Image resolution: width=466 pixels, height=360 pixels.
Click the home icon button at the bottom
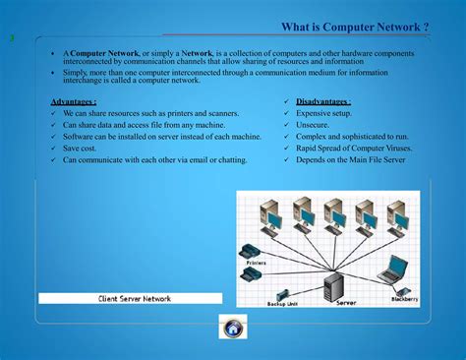click(x=234, y=328)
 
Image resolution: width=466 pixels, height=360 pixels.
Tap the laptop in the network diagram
click(x=396, y=268)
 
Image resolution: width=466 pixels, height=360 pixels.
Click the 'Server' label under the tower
click(x=346, y=303)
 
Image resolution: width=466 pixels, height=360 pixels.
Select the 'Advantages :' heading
click(x=73, y=101)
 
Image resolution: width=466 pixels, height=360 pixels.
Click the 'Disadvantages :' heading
click(x=323, y=101)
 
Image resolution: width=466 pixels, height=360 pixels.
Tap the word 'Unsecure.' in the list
click(x=315, y=125)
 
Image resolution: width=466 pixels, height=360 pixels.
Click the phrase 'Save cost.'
click(x=83, y=148)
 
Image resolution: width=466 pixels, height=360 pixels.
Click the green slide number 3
click(x=12, y=38)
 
